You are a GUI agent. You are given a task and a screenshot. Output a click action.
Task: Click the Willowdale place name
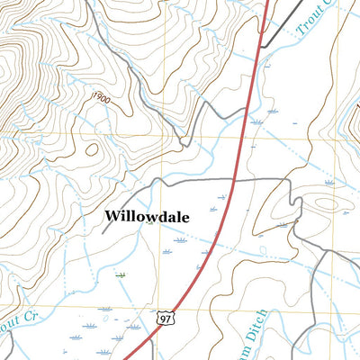pos(150,216)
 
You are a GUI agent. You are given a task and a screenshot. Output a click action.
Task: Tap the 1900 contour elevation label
pos(99,97)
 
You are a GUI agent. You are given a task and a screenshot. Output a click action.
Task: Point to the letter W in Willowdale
pos(112,216)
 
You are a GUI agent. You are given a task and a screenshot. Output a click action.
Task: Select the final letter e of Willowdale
pos(190,217)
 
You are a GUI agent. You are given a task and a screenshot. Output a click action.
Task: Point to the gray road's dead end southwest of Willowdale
pos(103,233)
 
